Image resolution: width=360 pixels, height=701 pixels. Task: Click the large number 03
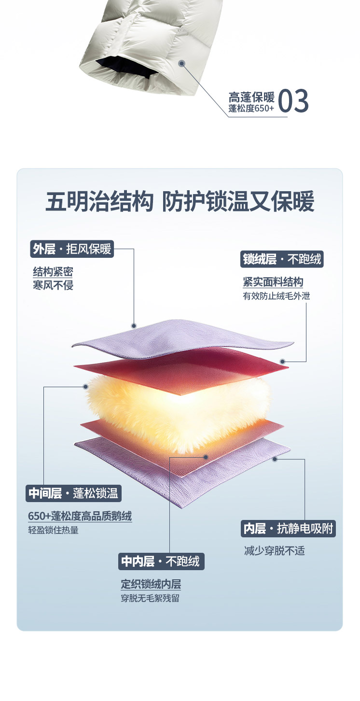[x=293, y=100]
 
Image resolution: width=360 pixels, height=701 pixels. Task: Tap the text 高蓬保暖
[x=251, y=96]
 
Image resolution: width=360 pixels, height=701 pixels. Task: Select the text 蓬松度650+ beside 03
[x=251, y=109]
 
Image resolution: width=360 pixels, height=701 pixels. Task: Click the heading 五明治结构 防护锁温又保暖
[x=180, y=201]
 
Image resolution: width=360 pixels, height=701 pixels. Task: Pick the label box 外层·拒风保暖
[x=72, y=249]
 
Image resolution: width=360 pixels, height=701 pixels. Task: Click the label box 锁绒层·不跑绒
[x=282, y=259]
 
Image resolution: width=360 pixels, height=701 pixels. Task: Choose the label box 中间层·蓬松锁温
[x=73, y=493]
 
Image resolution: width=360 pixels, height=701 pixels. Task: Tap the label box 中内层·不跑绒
[x=161, y=561]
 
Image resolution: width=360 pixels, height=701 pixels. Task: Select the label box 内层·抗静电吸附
[x=288, y=529]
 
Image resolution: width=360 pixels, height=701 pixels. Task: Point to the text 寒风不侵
[x=53, y=285]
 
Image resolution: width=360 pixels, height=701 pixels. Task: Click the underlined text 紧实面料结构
[x=273, y=282]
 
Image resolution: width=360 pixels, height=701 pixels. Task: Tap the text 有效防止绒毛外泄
[x=276, y=295]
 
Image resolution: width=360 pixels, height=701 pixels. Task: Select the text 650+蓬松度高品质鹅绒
[x=80, y=516]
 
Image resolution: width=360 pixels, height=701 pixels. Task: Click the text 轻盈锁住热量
[x=53, y=530]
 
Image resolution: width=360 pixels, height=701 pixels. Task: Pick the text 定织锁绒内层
[x=151, y=585]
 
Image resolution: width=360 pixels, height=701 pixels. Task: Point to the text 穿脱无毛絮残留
[x=150, y=598]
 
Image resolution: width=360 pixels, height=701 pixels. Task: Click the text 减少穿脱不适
[x=275, y=551]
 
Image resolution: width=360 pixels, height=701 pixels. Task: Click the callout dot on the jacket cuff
[x=182, y=63]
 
